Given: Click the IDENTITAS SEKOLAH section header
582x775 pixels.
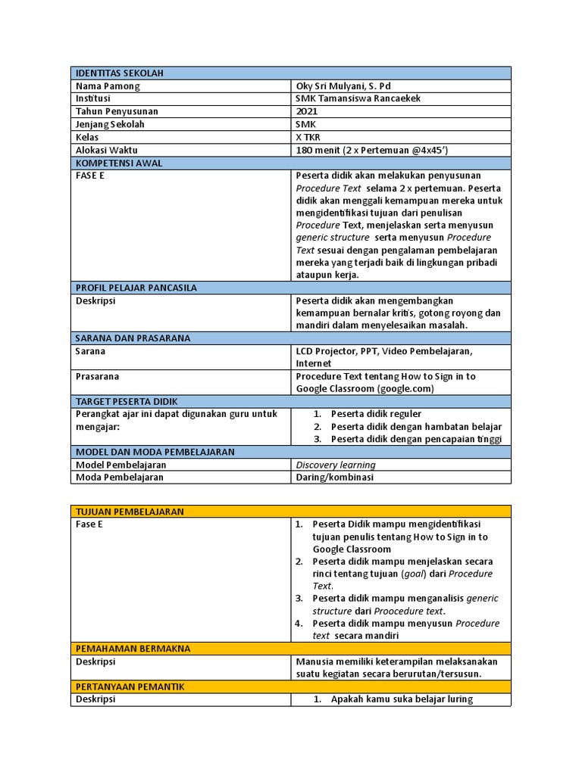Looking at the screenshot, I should point(120,73).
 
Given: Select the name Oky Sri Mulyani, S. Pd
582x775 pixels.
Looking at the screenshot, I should point(343,86).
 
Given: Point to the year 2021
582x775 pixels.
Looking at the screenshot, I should point(307,111).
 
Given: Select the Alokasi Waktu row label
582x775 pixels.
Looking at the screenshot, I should point(107,150).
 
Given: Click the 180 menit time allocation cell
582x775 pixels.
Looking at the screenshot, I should point(377,150).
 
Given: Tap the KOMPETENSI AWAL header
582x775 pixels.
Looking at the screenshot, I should point(119,163).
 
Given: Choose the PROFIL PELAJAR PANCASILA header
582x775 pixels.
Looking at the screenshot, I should point(136,288).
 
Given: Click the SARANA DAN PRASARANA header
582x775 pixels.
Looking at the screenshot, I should point(133,338).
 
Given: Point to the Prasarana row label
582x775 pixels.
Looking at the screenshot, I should point(98,376).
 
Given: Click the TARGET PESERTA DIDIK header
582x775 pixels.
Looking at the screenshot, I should point(127,401).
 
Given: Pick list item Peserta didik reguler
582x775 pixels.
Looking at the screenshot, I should point(376,414).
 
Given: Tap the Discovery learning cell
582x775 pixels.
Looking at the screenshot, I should point(335,465).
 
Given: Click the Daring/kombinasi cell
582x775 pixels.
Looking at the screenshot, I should point(334,478).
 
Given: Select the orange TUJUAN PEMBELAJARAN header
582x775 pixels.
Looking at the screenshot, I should point(130,512).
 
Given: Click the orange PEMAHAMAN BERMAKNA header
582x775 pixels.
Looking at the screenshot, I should point(132,649).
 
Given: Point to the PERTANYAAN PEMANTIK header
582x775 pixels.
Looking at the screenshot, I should point(130,686).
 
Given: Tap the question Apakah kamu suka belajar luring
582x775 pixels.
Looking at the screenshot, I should point(402,699).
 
